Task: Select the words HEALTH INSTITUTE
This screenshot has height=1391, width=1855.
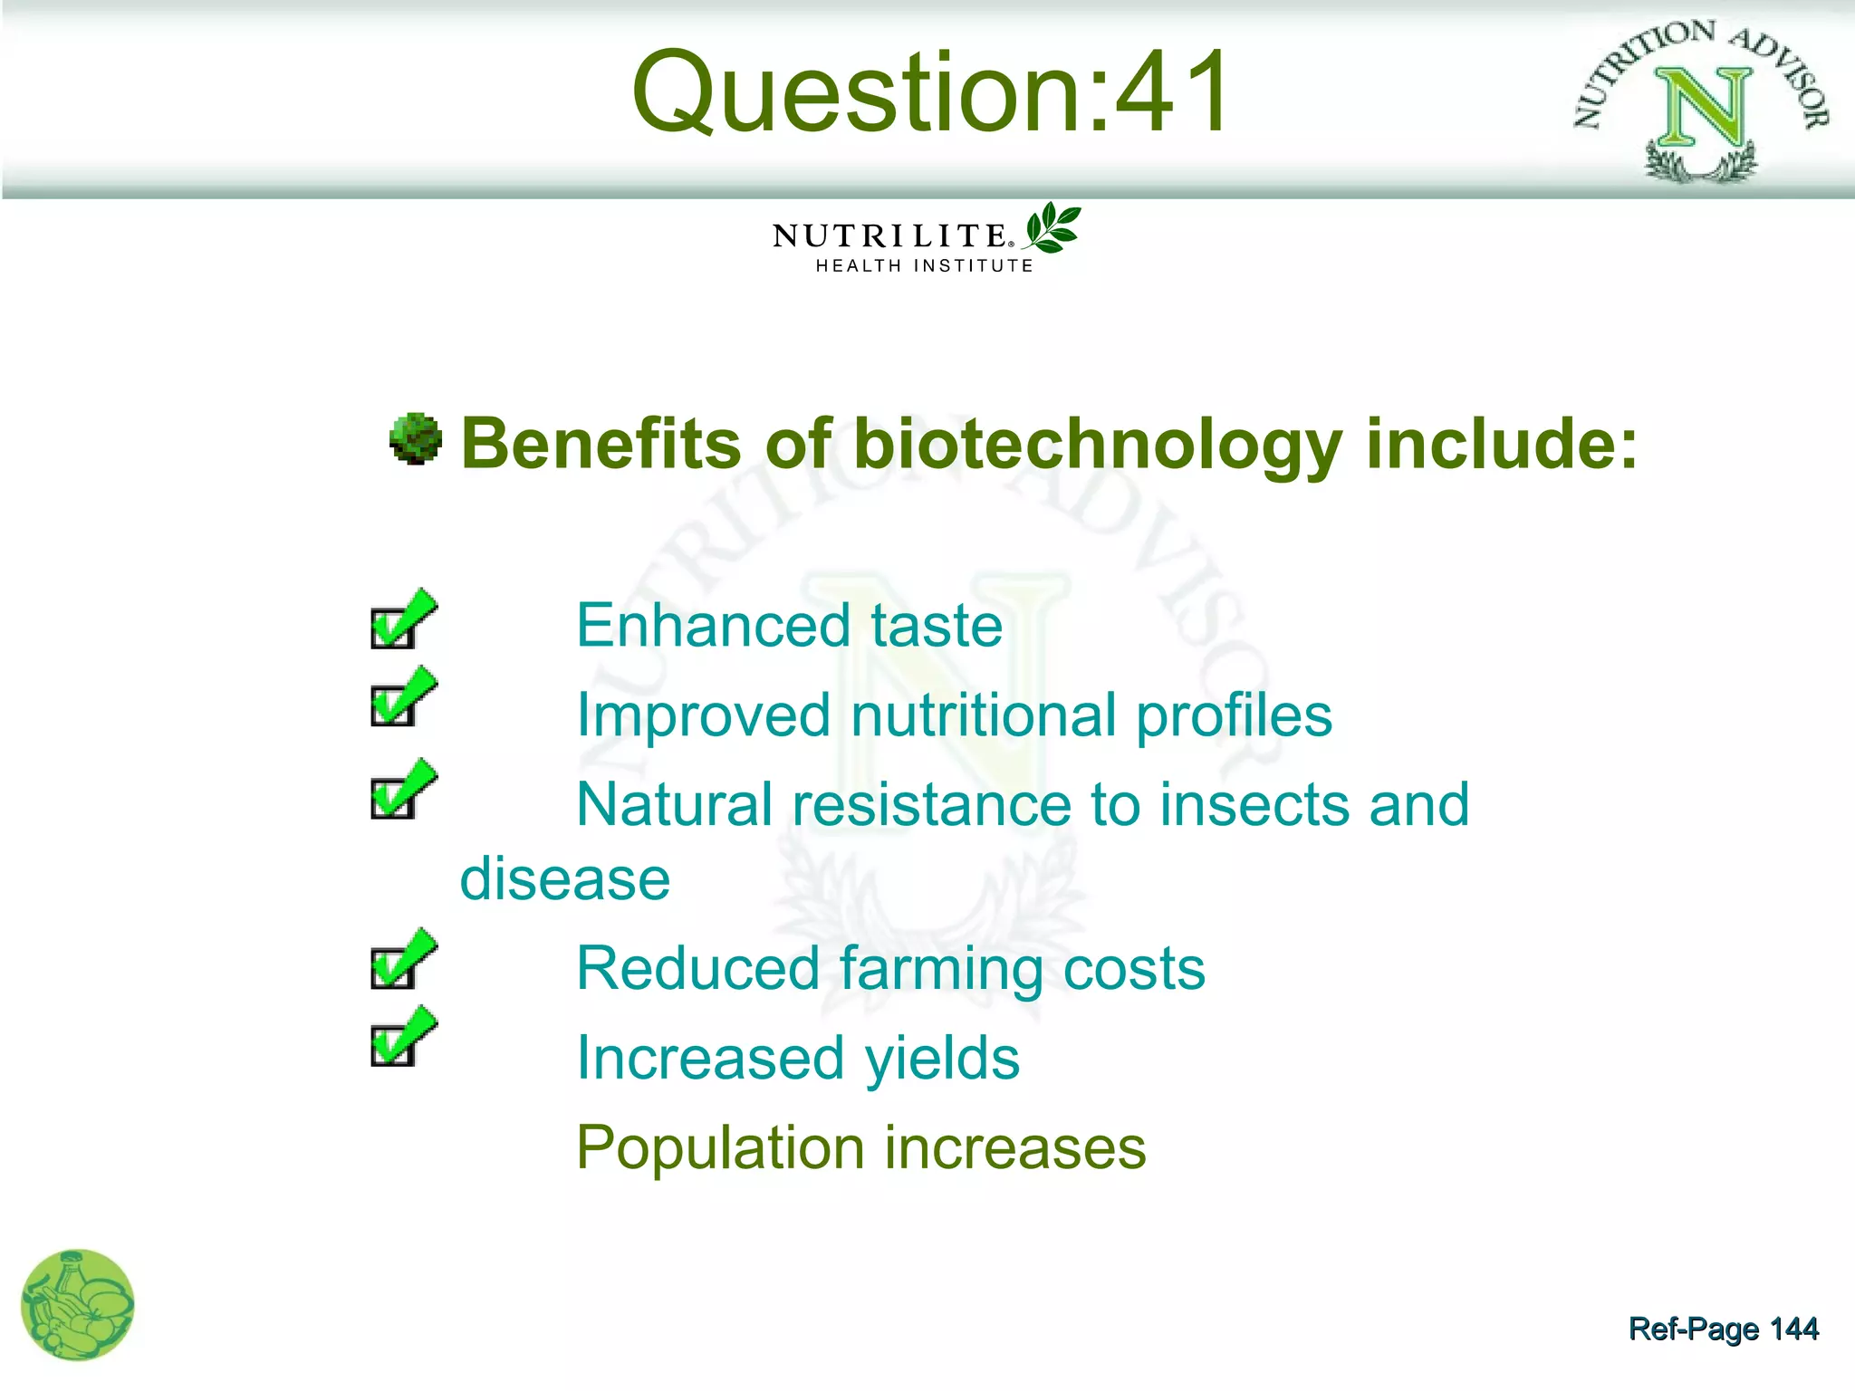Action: coord(924,266)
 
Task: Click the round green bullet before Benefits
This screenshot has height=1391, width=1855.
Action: coord(416,439)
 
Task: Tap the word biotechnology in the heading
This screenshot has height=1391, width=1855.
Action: coord(1097,444)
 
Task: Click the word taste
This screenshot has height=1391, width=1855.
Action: coord(937,626)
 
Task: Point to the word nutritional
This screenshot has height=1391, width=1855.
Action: coord(982,715)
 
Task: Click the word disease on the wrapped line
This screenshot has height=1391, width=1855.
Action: coord(565,879)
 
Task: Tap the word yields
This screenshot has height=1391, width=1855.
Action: coord(941,1059)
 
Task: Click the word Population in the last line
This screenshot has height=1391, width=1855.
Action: coord(720,1148)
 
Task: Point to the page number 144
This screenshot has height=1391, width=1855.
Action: coord(1793,1329)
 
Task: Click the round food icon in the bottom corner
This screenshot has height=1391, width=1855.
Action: coord(77,1305)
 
